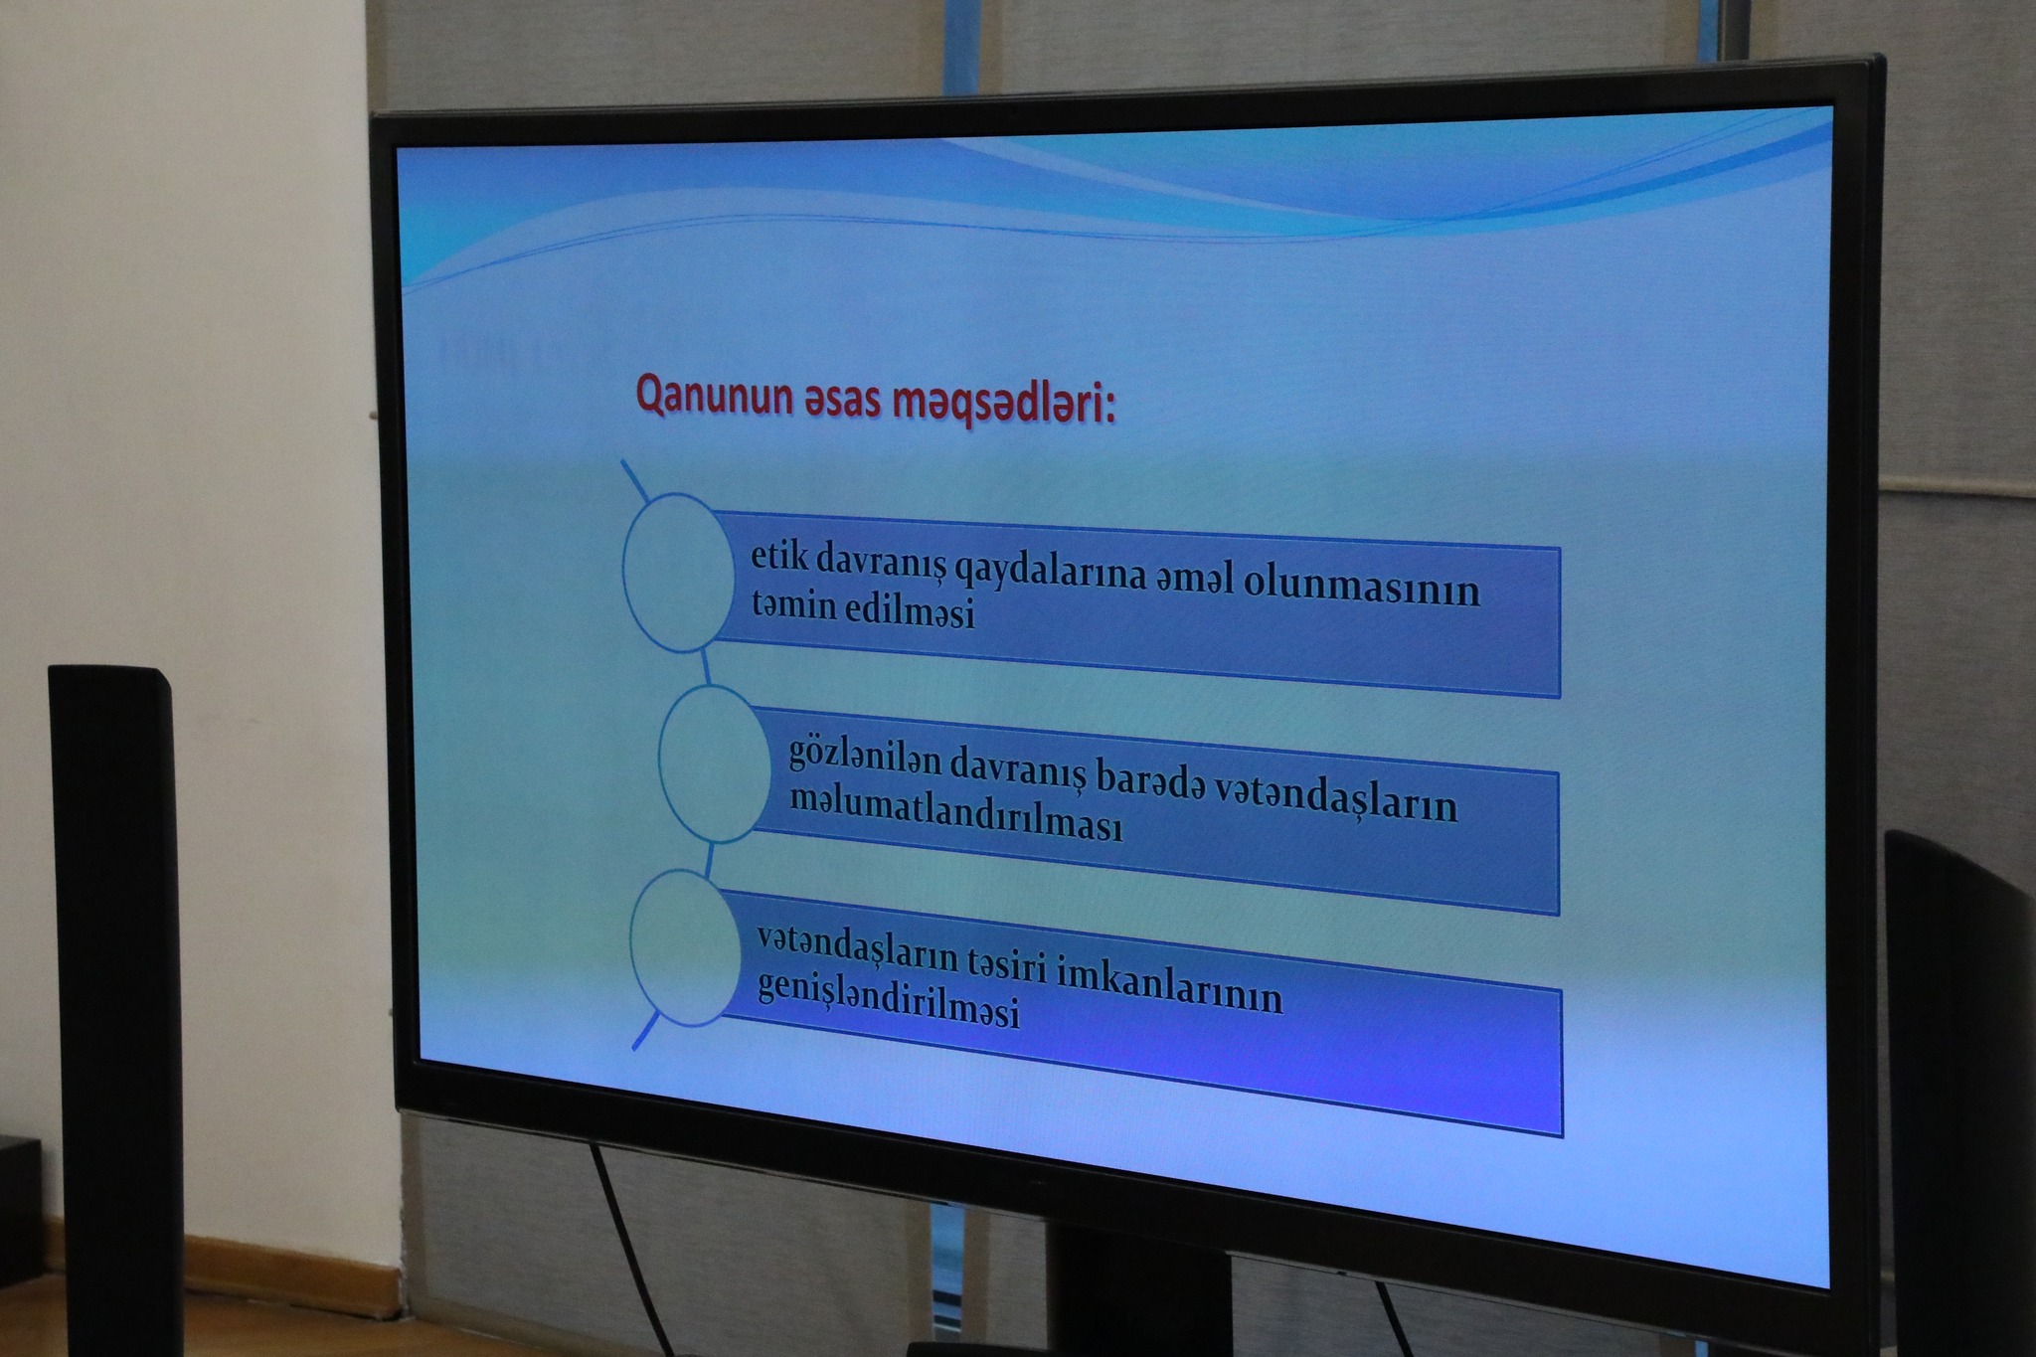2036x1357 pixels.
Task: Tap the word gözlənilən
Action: pyautogui.click(x=864, y=759)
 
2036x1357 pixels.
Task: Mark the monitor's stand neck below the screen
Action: pyautogui.click(x=1139, y=1292)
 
